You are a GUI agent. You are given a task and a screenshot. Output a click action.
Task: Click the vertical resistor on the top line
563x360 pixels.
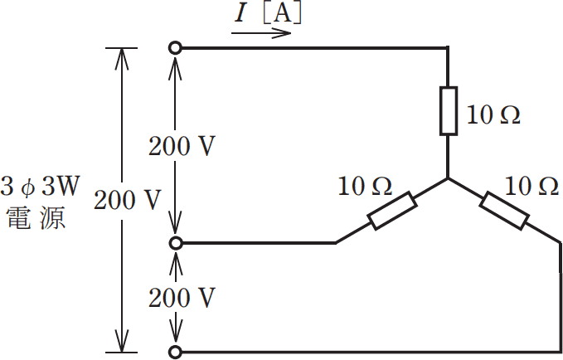tap(449, 111)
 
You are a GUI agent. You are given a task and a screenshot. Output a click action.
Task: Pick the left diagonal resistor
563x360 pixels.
tap(392, 211)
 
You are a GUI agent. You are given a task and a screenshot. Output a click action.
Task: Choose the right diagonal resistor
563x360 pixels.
tap(504, 211)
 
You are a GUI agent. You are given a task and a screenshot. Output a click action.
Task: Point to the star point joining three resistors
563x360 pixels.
tap(448, 178)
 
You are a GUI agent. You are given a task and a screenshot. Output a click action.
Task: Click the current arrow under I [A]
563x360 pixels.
tap(261, 33)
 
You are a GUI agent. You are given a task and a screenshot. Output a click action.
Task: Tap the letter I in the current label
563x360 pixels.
tap(240, 13)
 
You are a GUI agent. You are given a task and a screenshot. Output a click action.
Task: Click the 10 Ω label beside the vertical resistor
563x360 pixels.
tap(493, 115)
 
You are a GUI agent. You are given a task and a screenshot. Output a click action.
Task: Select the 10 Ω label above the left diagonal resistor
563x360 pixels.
tap(365, 186)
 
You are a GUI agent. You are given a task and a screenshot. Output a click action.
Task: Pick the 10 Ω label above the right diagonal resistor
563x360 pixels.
tap(531, 186)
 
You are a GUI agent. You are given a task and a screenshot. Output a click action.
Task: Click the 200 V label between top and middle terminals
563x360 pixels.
tap(182, 146)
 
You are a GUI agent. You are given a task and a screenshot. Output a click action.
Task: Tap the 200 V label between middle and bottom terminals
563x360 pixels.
tap(182, 298)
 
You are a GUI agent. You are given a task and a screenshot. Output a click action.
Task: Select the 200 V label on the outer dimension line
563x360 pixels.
tap(127, 200)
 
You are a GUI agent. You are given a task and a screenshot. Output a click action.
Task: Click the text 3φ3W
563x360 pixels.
tap(39, 187)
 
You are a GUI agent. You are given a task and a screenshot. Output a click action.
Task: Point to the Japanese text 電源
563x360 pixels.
tap(36, 217)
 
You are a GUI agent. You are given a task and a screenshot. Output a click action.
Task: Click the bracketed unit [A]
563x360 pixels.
tap(283, 13)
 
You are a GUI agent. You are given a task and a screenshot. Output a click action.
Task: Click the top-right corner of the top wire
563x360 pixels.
tap(448, 47)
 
